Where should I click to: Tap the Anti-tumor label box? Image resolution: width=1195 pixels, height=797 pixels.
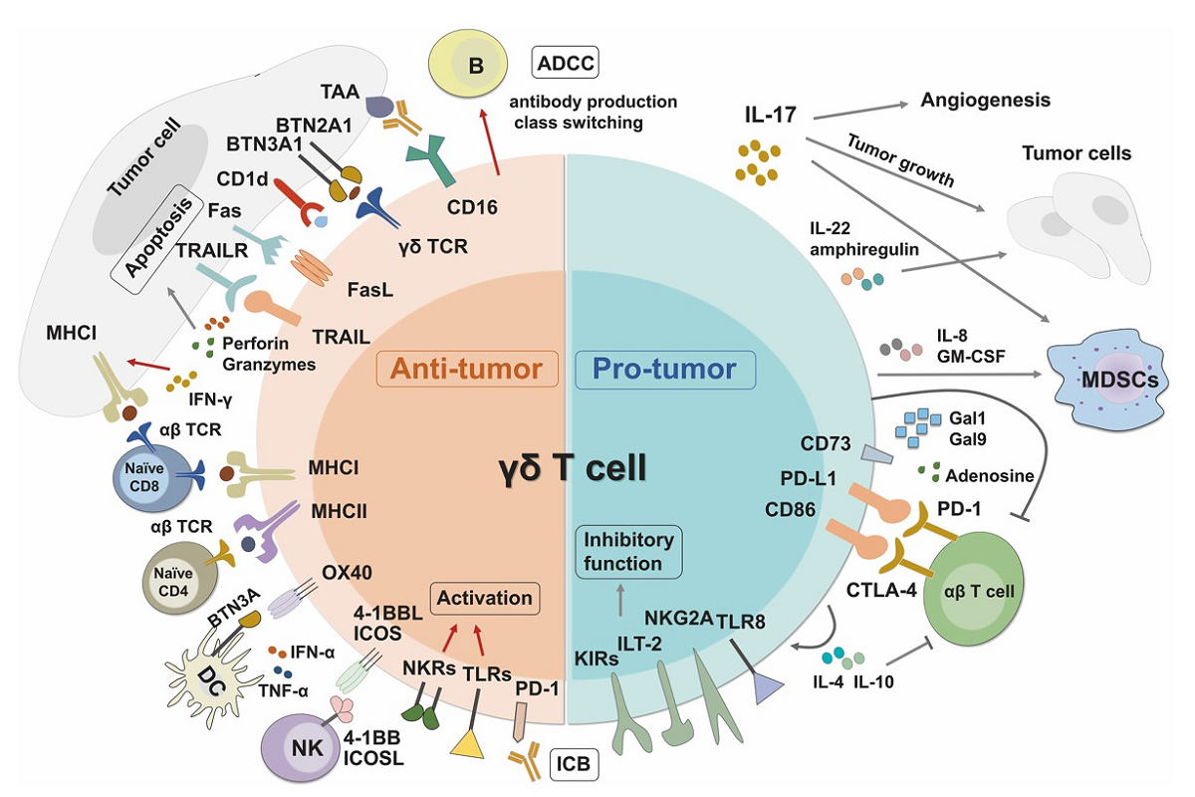point(465,370)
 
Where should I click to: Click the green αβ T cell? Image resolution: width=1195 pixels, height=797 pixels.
point(982,588)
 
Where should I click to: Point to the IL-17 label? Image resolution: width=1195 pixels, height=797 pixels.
point(770,115)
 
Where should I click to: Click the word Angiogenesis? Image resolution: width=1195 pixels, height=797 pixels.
point(986,101)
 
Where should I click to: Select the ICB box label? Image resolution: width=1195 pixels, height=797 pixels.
point(575,764)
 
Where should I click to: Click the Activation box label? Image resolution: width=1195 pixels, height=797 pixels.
point(485,599)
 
